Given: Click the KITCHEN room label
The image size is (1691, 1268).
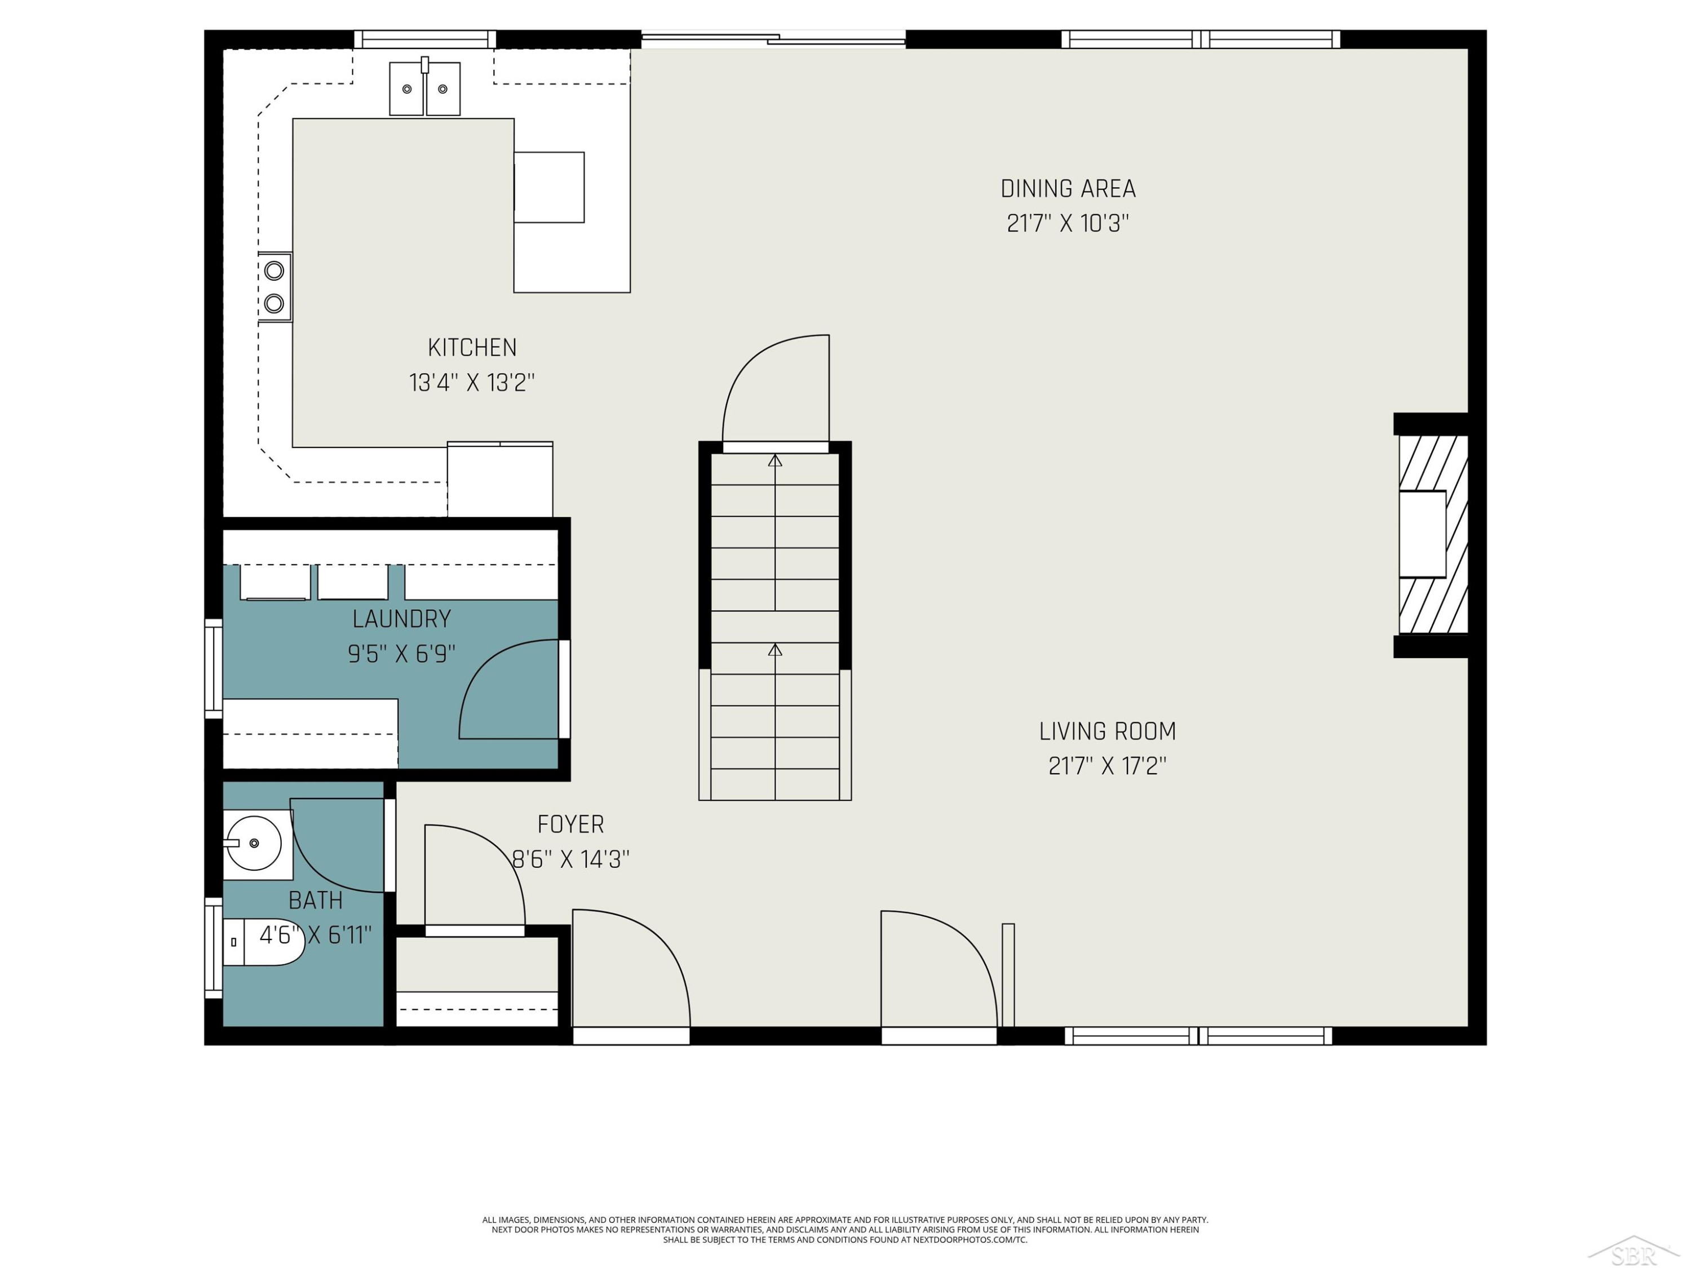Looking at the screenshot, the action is pos(472,348).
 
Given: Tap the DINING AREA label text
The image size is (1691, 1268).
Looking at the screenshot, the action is pos(1068,189).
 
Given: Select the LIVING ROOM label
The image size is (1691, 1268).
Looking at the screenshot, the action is pos(1107,731).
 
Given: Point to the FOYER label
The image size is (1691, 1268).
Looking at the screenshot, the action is pos(570,824).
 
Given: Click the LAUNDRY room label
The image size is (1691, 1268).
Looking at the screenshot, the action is pos(401,619).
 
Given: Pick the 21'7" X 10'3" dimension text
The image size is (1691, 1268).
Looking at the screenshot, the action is pos(1068,223).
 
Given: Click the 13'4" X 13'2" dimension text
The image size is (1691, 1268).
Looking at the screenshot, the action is pos(472,382).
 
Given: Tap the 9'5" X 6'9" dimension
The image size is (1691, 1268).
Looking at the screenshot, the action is pos(401,654).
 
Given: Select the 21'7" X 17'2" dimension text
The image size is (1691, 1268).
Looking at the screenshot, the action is pos(1107,766).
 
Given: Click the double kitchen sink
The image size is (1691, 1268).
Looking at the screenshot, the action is pos(425,88).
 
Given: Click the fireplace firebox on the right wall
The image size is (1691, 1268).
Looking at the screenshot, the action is pos(1422,534).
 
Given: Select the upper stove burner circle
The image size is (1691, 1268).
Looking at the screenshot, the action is pos(275,271).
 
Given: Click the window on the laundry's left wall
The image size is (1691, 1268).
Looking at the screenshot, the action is pos(213,669).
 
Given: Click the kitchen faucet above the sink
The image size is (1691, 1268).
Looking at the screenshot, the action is pos(425,65).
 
